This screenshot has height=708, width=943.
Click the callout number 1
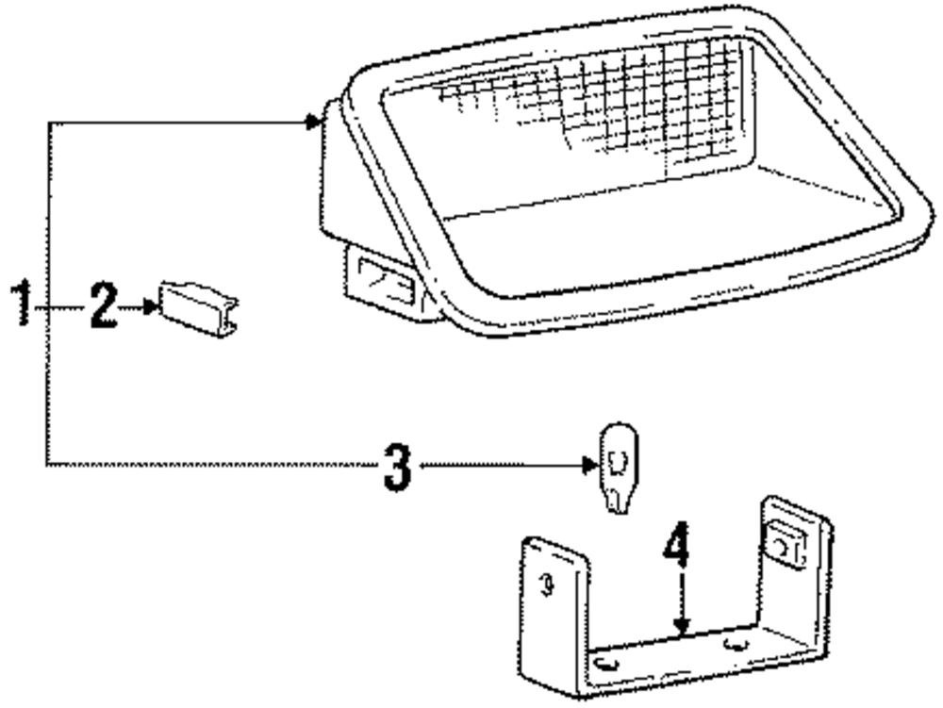[x=21, y=305]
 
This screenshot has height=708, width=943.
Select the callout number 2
[x=104, y=305]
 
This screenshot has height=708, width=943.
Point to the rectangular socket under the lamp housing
[x=383, y=284]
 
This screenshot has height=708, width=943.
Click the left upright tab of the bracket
[x=551, y=594]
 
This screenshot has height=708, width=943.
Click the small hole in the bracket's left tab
[x=544, y=585]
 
